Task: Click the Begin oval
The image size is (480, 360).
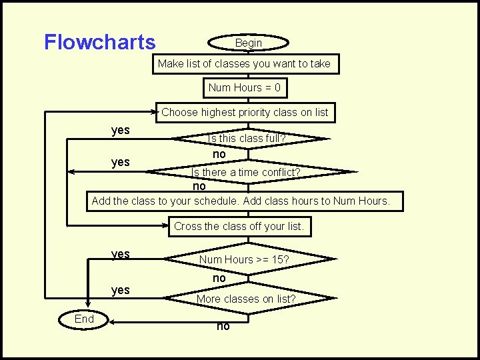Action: pos(248,43)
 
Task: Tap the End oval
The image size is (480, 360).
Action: pos(84,319)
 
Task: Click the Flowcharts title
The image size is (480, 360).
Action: pos(99,42)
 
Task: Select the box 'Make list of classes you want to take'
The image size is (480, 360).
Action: pos(244,64)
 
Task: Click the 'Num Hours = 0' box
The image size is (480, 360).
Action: pos(244,87)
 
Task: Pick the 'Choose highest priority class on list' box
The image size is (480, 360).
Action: pos(245,112)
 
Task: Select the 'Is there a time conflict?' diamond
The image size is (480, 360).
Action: pos(247,172)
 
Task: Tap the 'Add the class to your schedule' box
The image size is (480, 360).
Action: pos(241,201)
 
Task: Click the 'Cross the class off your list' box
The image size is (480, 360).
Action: pos(239,226)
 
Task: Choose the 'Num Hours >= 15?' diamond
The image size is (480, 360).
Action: pos(244,259)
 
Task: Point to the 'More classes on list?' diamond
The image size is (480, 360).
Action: pos(245,299)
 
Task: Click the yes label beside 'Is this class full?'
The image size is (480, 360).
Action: pos(121,129)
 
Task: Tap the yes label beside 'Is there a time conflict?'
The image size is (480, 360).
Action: pos(121,162)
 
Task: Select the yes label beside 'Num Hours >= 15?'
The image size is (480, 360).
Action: pos(121,254)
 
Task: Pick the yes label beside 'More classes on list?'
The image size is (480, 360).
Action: pos(121,289)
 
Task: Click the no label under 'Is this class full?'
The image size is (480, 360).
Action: pos(219,154)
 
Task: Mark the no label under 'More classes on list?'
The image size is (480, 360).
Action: pos(223,326)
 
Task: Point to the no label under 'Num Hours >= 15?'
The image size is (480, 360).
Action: pos(219,277)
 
